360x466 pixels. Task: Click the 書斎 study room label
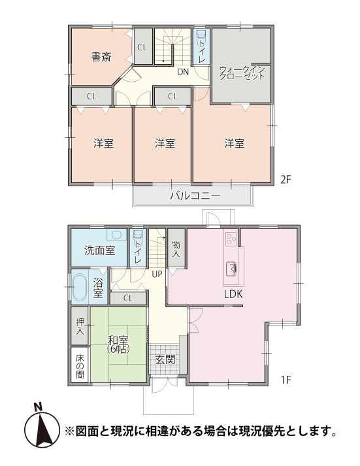click(101, 57)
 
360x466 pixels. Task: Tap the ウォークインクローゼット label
click(242, 73)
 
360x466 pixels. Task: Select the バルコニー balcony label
click(195, 195)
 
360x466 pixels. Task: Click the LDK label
click(233, 294)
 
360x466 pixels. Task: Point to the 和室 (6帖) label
click(118, 344)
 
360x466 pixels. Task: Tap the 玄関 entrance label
click(165, 359)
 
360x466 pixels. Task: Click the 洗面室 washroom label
click(99, 250)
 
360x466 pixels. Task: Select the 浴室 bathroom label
click(98, 288)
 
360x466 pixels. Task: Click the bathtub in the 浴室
click(79, 287)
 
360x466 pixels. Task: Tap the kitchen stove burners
click(231, 239)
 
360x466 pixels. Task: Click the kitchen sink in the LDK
click(231, 269)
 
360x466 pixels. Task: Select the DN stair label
click(183, 72)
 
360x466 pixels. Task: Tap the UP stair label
click(157, 274)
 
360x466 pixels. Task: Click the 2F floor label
click(286, 180)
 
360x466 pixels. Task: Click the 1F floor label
click(286, 380)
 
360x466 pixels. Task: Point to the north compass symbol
click(42, 427)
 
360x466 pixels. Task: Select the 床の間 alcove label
click(80, 366)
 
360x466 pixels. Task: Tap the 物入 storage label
click(176, 249)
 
